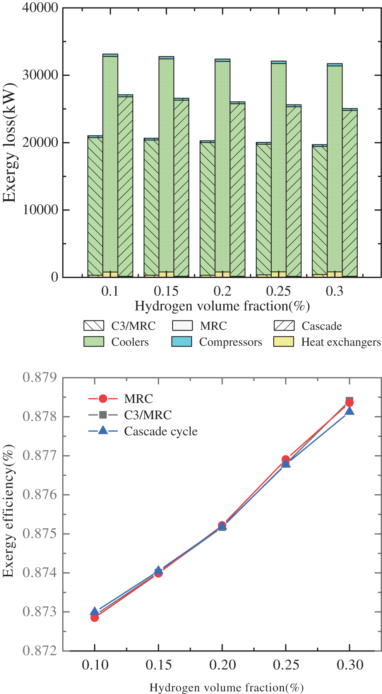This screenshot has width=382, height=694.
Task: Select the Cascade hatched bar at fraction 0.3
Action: click(x=349, y=194)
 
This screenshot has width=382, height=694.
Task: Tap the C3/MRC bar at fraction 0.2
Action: click(x=207, y=209)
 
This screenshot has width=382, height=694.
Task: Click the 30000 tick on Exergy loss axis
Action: click(x=40, y=75)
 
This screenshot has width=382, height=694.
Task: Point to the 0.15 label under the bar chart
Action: click(x=166, y=291)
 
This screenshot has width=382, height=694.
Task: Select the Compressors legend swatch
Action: click(x=182, y=342)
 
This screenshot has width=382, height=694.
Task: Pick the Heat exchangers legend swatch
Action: click(x=283, y=342)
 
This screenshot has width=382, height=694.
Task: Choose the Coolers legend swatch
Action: click(x=94, y=342)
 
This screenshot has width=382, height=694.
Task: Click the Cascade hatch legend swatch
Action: click(x=284, y=326)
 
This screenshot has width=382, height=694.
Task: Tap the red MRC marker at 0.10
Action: click(x=95, y=617)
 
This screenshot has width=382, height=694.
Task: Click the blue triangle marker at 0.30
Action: click(x=349, y=411)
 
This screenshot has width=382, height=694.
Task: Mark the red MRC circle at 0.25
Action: click(x=286, y=459)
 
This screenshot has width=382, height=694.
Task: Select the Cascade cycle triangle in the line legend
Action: click(x=103, y=431)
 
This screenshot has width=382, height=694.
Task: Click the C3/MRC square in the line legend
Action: click(x=103, y=415)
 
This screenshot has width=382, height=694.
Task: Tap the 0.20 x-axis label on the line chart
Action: click(x=222, y=665)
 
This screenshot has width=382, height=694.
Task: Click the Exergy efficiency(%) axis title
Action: click(x=9, y=511)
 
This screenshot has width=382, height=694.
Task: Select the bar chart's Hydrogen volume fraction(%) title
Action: click(x=222, y=306)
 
